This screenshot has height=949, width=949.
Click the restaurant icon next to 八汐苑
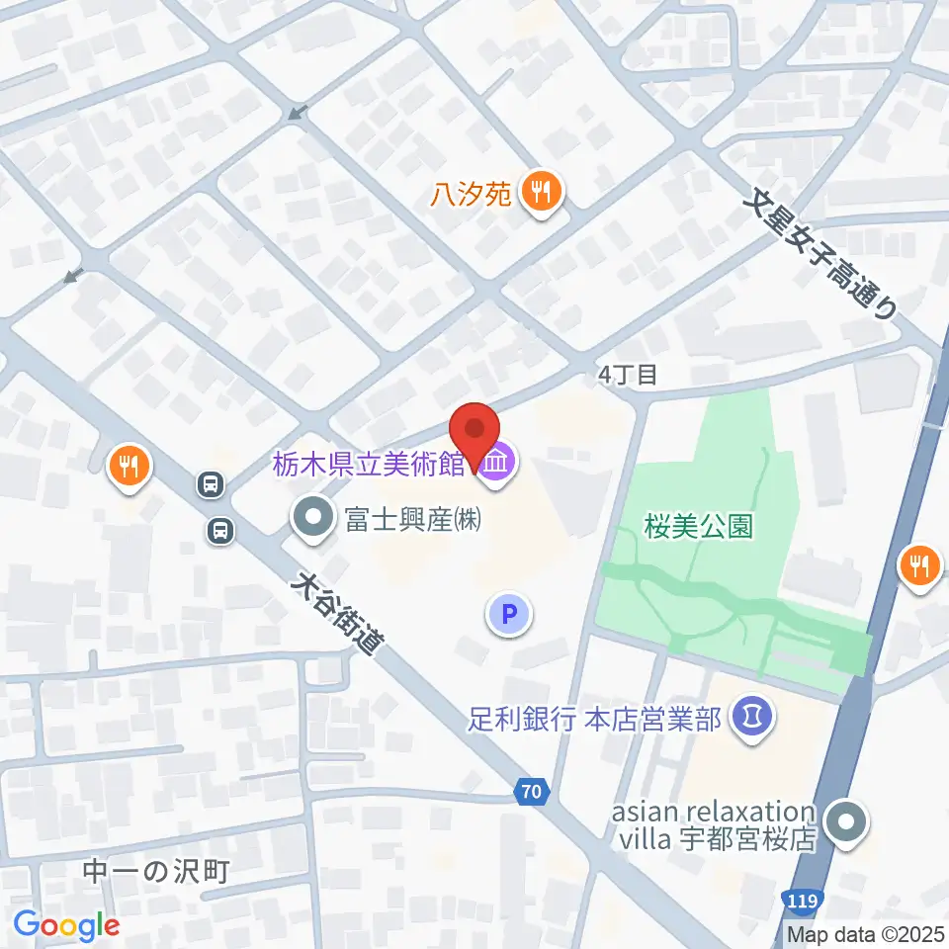click(x=542, y=192)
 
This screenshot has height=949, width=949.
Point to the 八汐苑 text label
click(x=471, y=194)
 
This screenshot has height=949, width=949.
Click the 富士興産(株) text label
click(x=413, y=519)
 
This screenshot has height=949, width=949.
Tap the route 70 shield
click(x=532, y=791)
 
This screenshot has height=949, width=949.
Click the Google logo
click(x=66, y=925)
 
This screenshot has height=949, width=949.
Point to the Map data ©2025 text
click(x=865, y=933)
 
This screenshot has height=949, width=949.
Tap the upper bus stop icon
click(x=211, y=483)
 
